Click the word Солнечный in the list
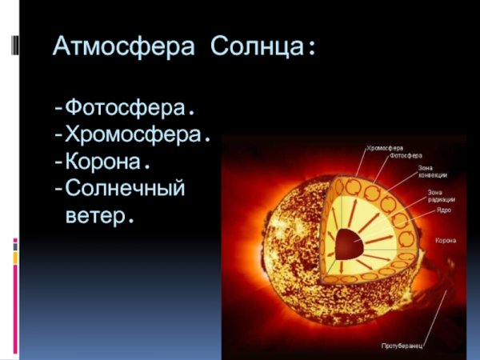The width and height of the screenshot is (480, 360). click(125, 189)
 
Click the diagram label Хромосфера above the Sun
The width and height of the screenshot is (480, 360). click(384, 148)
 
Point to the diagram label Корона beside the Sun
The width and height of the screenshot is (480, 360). click(446, 240)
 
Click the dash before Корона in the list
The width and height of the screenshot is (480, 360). click(58, 162)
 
